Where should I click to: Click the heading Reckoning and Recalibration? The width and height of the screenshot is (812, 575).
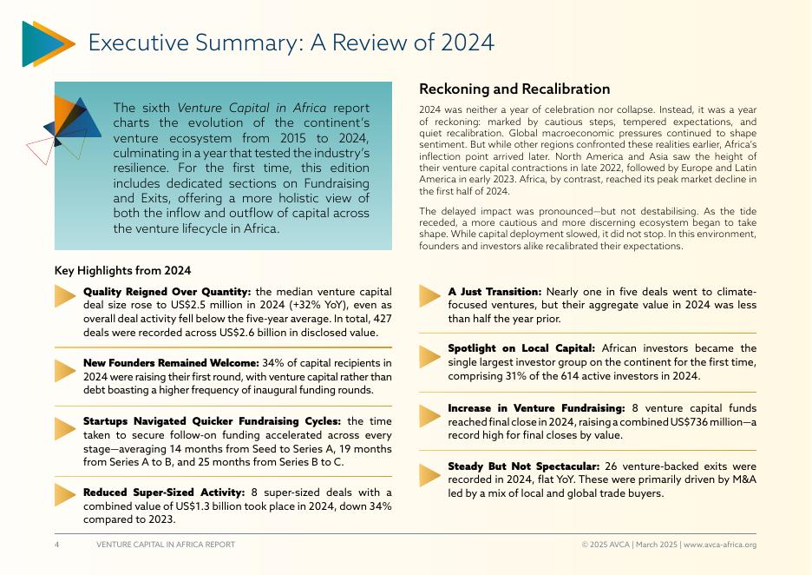click(514, 89)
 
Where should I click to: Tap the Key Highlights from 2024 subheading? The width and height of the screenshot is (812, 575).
click(122, 271)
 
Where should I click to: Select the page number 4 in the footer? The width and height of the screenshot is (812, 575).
click(57, 545)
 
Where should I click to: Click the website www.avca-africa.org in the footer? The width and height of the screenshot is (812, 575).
click(720, 545)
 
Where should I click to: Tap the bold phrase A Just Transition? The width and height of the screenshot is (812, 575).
click(494, 292)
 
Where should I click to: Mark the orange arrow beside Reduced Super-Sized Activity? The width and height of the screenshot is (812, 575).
click(65, 494)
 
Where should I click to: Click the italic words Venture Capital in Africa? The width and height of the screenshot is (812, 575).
click(252, 108)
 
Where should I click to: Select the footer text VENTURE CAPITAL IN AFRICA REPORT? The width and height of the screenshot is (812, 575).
click(165, 545)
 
